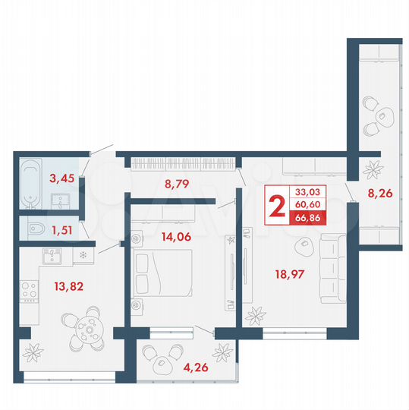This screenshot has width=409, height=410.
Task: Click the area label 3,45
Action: coord(61,179)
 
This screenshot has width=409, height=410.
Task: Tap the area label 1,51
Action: coord(62,225)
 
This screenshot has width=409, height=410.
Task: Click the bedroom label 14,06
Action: coord(178,235)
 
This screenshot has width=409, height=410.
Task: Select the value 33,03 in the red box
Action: coord(308,192)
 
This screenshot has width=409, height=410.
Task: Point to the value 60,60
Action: coord(308,205)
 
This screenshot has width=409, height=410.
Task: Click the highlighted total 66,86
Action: coord(308,219)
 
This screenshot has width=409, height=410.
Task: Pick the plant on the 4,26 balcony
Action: coord(222,353)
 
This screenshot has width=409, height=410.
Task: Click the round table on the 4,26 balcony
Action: coord(162,364)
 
